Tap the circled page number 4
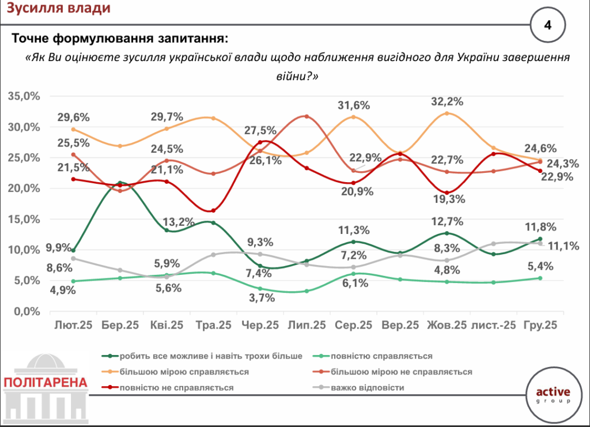547,25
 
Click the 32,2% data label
447,101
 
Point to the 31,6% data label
354,105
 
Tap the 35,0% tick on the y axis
24,96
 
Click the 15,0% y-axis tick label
24,219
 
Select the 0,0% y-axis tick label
26,311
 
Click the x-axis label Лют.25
72,326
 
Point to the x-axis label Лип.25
306,326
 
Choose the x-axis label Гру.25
540,326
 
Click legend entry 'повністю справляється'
381,356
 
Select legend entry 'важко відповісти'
367,387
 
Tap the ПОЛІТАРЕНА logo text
46,382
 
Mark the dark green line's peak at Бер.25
119,183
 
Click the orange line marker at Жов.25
447,114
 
